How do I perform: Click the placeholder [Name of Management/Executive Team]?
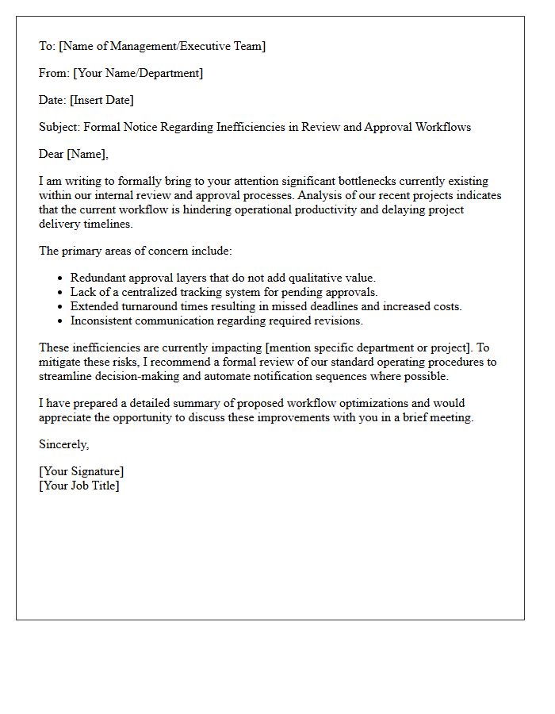click(x=162, y=46)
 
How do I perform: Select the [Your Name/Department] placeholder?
click(x=138, y=73)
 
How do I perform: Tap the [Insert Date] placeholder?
click(x=101, y=100)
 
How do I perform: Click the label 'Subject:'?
click(x=59, y=127)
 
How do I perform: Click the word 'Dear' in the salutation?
click(x=52, y=154)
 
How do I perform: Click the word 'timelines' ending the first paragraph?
click(x=108, y=224)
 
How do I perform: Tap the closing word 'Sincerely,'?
click(x=64, y=444)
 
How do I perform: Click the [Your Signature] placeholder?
click(x=82, y=471)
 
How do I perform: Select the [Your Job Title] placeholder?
click(x=79, y=486)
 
